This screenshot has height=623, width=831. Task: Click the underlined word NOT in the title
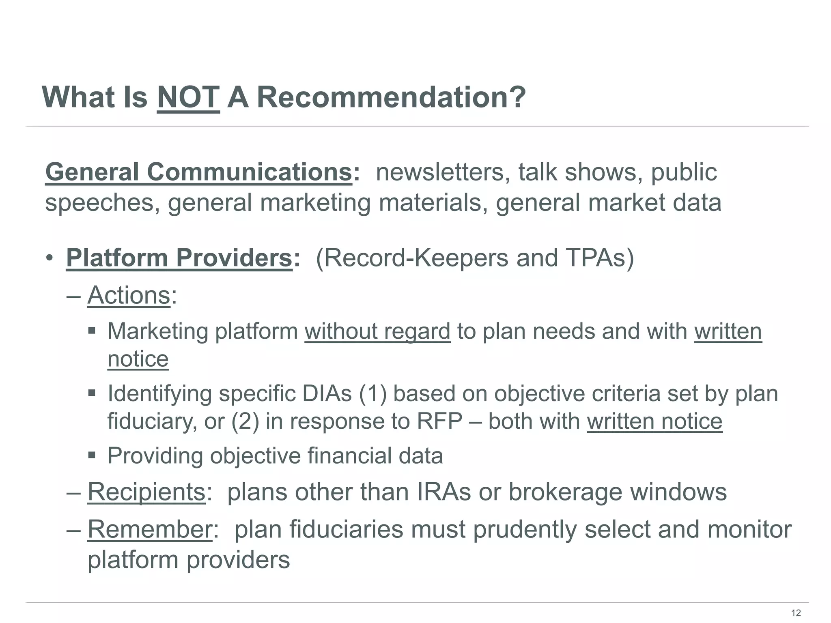188,98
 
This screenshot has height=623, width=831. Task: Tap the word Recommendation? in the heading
391,98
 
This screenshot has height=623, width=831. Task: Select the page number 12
796,613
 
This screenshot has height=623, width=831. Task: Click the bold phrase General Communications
198,172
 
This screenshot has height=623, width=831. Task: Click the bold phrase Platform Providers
179,258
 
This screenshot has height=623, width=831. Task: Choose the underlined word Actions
129,295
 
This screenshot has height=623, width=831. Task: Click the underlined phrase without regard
377,331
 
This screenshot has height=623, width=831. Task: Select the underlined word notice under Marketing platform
138,359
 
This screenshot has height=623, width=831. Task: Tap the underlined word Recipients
146,492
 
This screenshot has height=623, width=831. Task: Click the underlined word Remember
150,529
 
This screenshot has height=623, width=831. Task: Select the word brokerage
565,492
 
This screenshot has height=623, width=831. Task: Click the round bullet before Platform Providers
49,258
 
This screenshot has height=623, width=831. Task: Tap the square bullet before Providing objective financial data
92,455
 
